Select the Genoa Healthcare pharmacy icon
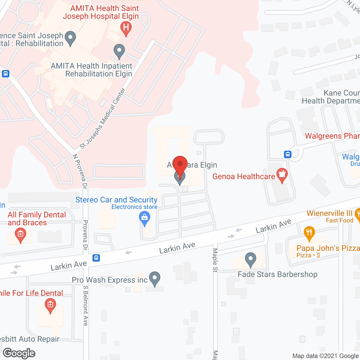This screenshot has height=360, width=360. tap(282, 175)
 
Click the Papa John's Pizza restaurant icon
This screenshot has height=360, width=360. tap(309, 233)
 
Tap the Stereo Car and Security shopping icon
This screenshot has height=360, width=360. tap(145, 219)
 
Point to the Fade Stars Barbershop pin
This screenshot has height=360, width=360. tap(250, 260)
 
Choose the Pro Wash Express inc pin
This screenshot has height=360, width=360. tap(154, 278)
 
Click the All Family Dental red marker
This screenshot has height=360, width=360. tap(20, 235)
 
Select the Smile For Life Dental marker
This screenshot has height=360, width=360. tap(50, 305)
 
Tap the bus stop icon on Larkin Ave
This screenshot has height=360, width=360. tap(96, 258)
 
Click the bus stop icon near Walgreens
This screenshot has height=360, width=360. tap(287, 154)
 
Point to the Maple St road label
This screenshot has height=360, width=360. tap(215, 260)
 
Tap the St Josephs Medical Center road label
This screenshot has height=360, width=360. tap(102, 118)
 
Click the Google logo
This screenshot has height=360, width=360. tap(19, 353)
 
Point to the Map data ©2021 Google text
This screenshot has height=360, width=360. tap(326, 356)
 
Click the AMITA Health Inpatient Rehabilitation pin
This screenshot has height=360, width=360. tap(119, 51)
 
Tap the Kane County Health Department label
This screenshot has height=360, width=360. tap(331, 97)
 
